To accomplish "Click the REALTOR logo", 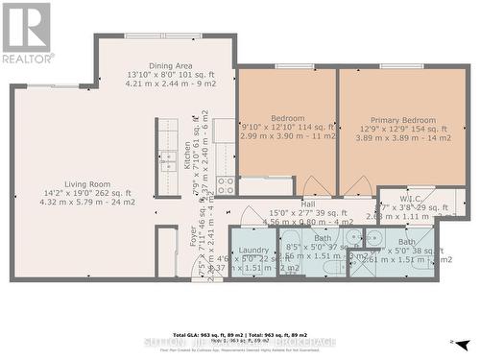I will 27,33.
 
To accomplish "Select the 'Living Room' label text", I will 87,184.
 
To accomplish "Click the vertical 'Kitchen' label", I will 187,155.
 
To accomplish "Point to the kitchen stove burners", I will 226,184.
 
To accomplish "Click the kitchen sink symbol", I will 168,158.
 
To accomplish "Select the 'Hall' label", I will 307,204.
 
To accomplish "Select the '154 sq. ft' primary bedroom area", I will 418,130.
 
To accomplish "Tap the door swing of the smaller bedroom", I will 314,186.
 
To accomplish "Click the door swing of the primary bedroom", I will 357,186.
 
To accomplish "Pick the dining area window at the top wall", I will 162,36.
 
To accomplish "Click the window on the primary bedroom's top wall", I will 400,66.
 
